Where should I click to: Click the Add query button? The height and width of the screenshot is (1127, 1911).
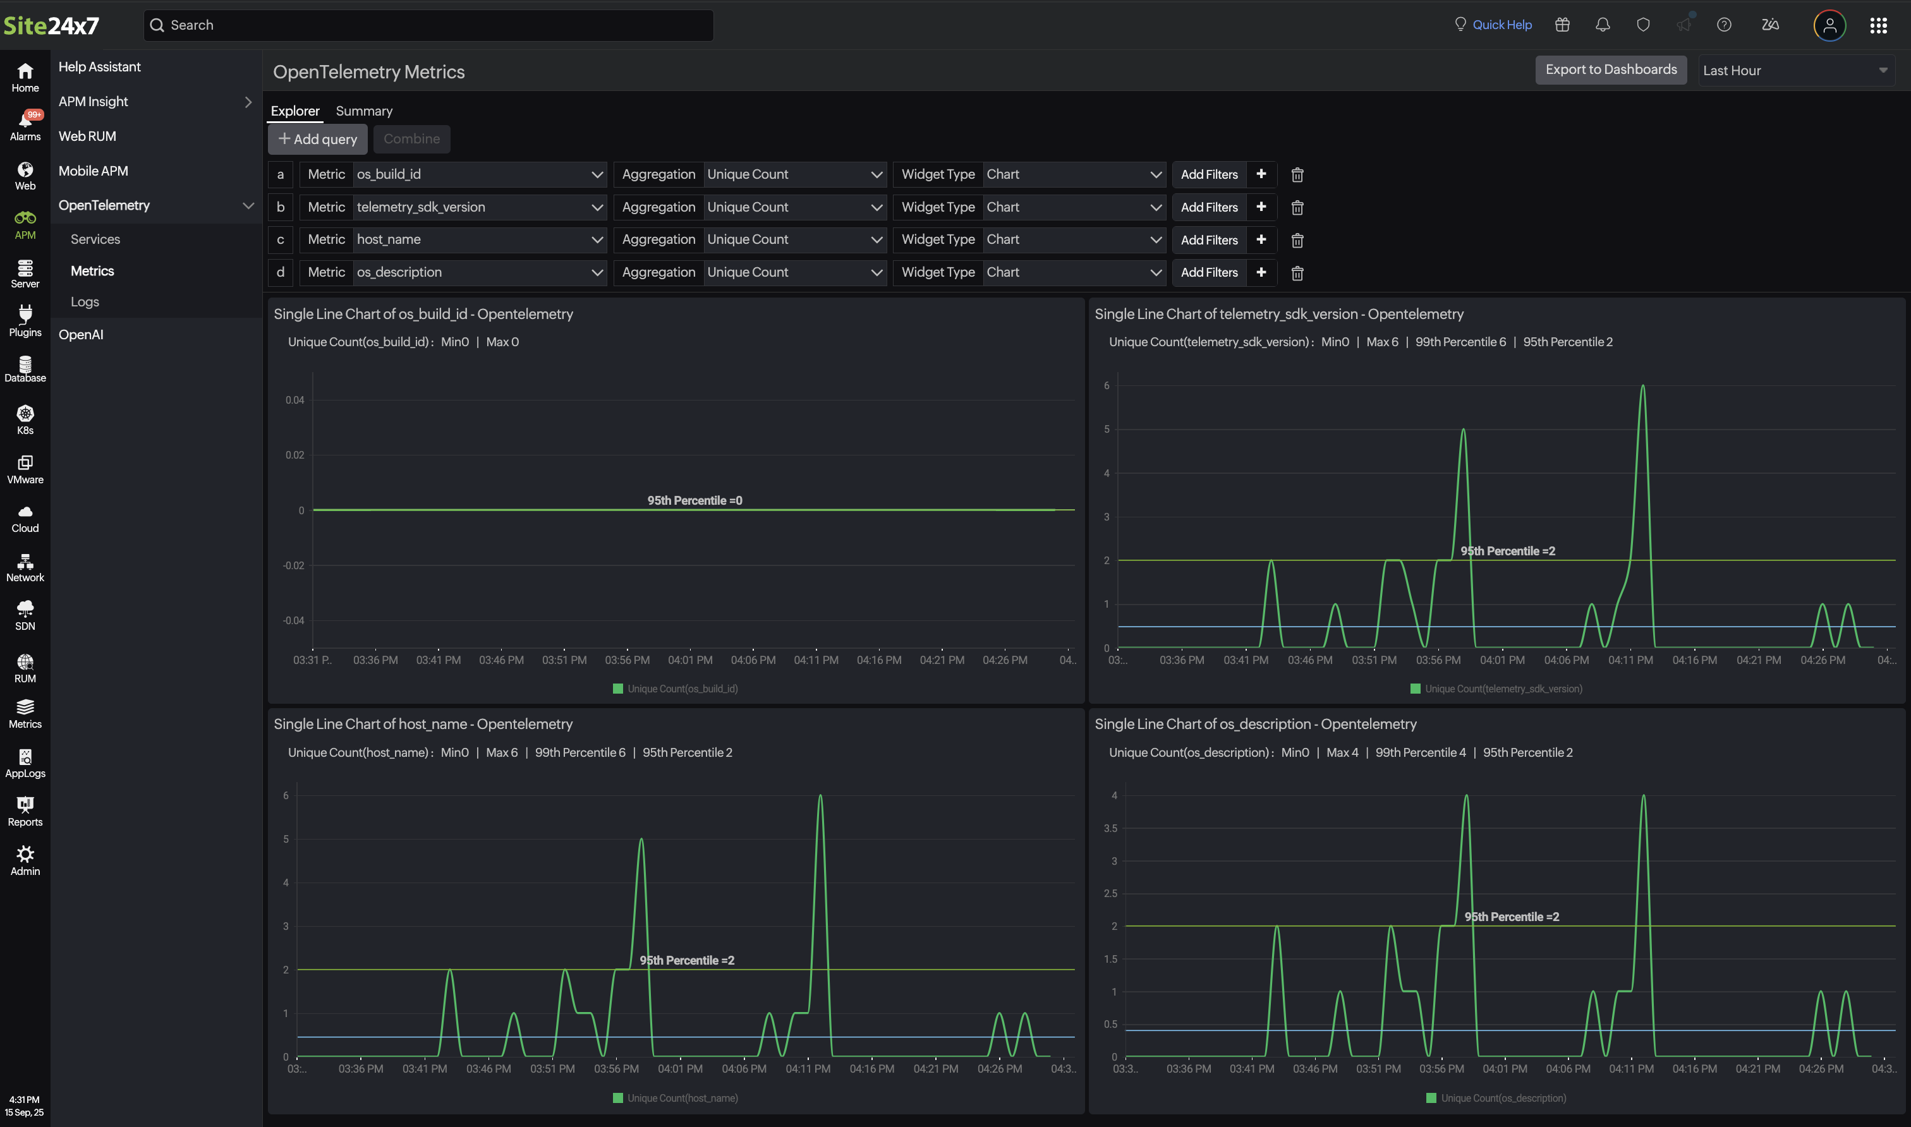pyautogui.click(x=317, y=139)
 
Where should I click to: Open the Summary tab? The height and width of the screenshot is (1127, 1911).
pyautogui.click(x=364, y=111)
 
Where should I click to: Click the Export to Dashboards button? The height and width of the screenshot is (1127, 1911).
pyautogui.click(x=1610, y=70)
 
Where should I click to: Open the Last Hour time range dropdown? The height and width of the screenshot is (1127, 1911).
pyautogui.click(x=1795, y=71)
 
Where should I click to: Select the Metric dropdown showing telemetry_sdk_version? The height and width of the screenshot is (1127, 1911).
pyautogui.click(x=478, y=207)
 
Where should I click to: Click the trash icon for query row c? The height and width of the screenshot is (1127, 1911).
pyautogui.click(x=1297, y=241)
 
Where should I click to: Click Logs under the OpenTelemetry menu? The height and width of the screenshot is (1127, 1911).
pyautogui.click(x=85, y=302)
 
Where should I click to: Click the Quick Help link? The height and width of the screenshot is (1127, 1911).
pyautogui.click(x=1501, y=25)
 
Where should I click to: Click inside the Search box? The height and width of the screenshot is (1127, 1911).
pyautogui.click(x=429, y=25)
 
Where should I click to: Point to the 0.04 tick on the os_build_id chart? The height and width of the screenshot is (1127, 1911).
pyautogui.click(x=294, y=401)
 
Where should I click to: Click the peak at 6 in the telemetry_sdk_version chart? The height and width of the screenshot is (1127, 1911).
pyautogui.click(x=1642, y=387)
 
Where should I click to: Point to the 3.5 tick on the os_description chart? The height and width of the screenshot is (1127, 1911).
pyautogui.click(x=1110, y=829)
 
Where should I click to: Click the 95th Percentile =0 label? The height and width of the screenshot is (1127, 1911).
pyautogui.click(x=695, y=500)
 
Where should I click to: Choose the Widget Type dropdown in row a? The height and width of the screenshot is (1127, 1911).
pyautogui.click(x=1072, y=174)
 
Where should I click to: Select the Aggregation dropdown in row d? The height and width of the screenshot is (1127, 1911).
pyautogui.click(x=794, y=273)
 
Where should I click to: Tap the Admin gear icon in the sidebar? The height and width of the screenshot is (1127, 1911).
pyautogui.click(x=25, y=860)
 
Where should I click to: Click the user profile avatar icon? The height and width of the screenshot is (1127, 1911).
pyautogui.click(x=1829, y=26)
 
